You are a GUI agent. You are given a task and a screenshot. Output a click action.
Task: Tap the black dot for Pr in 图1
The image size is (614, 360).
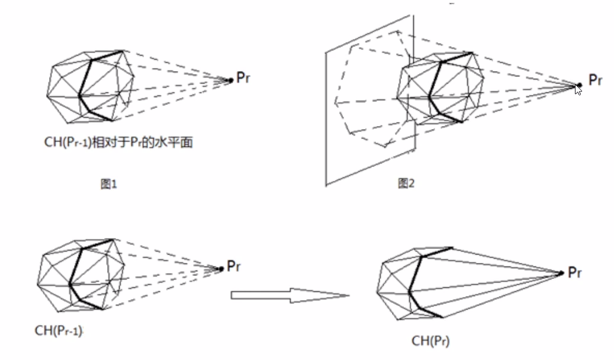[231, 80]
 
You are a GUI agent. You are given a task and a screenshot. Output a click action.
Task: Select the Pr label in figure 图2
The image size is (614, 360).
[595, 81]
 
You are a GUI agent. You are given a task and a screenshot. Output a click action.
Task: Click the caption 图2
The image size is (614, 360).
[406, 184]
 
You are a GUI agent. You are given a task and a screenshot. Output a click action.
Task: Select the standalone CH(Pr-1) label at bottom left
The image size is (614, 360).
[58, 330]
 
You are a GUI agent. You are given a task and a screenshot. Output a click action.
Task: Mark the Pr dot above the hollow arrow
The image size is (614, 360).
[221, 269]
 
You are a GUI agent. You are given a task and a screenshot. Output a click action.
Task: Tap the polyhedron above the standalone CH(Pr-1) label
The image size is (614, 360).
[80, 272]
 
